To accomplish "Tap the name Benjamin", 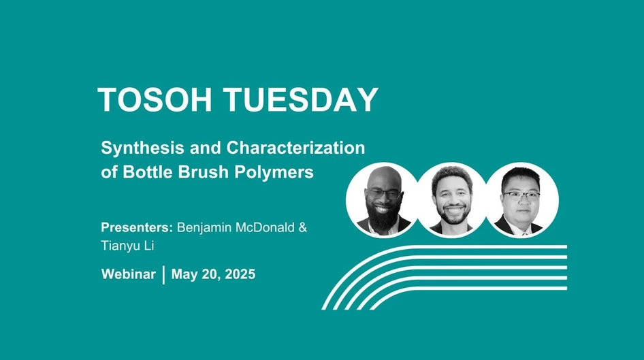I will pos(204,227).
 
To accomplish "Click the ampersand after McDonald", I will pos(302,227).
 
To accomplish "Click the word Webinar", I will pos(129,275).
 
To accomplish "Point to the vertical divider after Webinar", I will pos(163,275).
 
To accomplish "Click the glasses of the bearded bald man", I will pos(385,194).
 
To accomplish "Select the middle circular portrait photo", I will pos(452,200).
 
